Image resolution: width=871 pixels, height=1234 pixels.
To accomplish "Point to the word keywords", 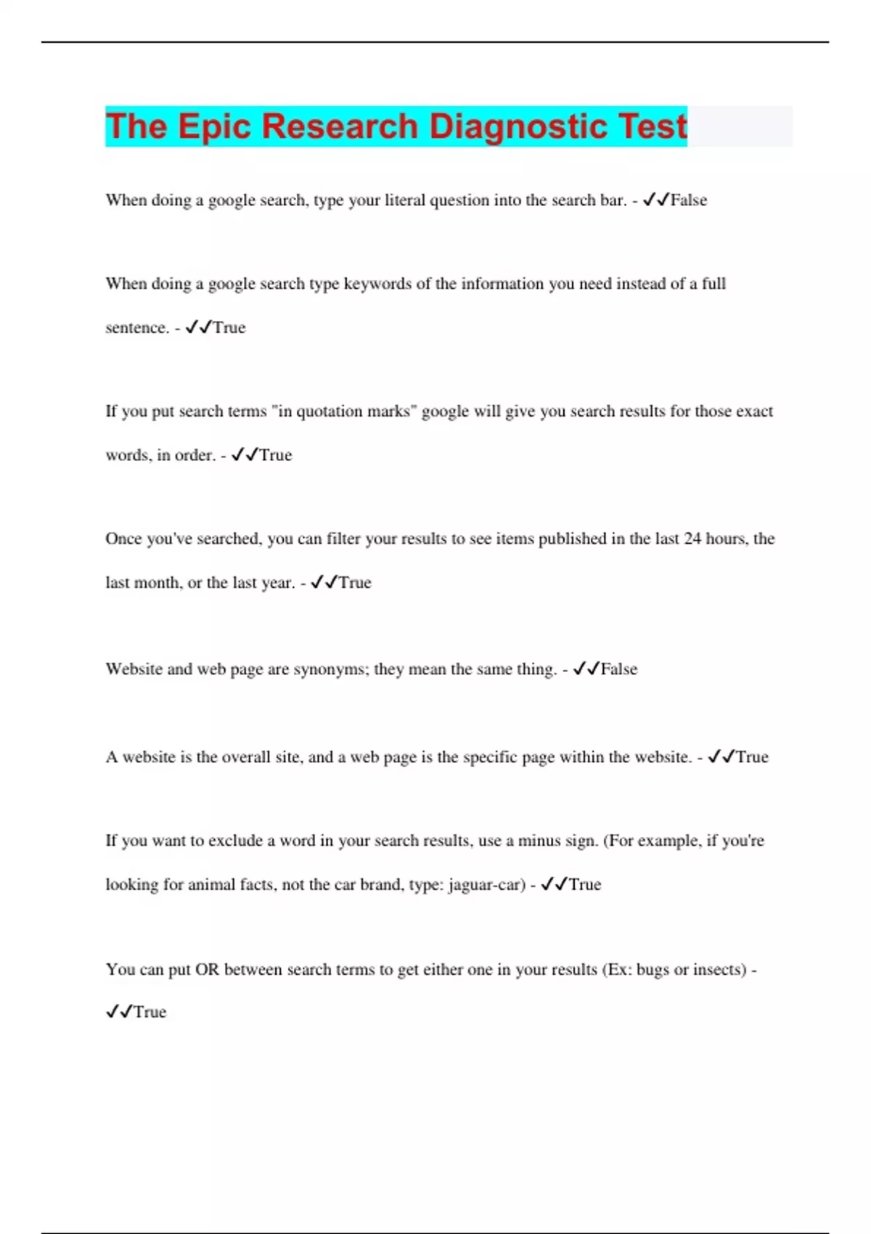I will (x=377, y=284).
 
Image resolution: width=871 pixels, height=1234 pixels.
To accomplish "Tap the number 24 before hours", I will (x=693, y=539).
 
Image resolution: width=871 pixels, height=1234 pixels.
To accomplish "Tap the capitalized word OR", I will (x=207, y=970).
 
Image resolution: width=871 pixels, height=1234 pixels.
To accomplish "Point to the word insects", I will (x=719, y=970).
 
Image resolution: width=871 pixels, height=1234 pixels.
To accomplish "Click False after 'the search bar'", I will (x=689, y=200).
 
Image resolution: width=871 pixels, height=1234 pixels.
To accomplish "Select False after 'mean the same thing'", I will (x=619, y=669).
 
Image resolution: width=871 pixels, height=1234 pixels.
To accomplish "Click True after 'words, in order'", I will (x=276, y=455).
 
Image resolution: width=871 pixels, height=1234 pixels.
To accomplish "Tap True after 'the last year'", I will (x=355, y=583).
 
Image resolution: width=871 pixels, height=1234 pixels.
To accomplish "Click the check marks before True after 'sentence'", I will (x=198, y=328).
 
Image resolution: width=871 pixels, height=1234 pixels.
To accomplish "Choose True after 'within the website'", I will (x=752, y=757).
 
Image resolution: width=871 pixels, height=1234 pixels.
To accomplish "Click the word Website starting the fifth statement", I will (x=134, y=669).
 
